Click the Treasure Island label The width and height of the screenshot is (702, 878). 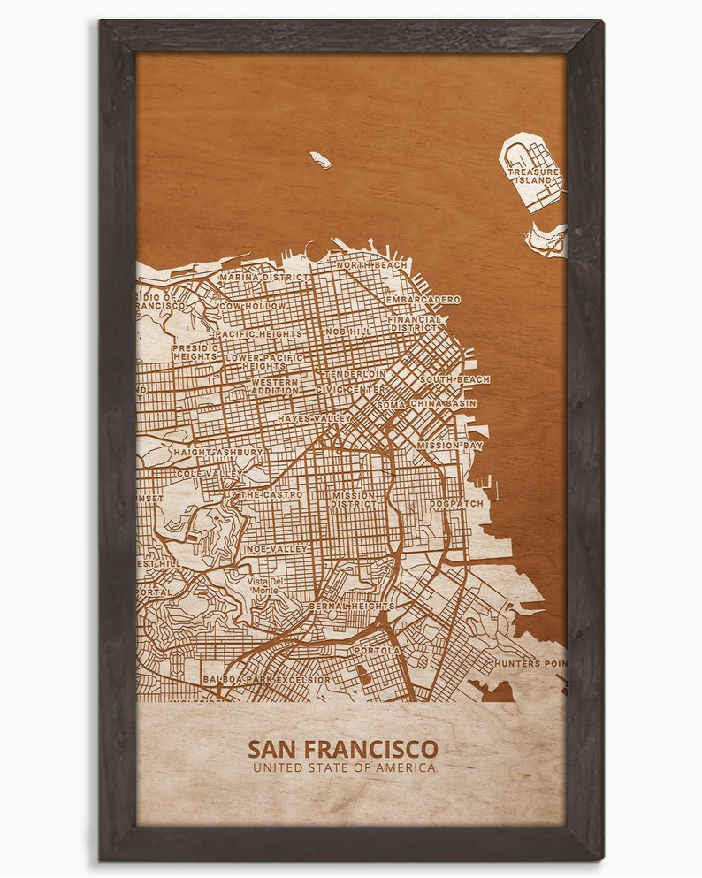tap(534, 175)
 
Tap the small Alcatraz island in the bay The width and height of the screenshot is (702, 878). tap(320, 160)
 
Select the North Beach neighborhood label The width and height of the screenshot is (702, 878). tap(372, 265)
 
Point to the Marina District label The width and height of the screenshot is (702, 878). tap(264, 277)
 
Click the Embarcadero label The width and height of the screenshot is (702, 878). tap(423, 300)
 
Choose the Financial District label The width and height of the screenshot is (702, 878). tap(414, 323)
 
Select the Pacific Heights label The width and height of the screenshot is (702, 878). tap(258, 334)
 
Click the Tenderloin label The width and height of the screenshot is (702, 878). tap(355, 374)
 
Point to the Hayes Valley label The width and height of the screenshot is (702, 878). tap(315, 418)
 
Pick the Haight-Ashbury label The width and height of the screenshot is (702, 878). tap(218, 452)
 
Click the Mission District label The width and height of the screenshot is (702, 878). tap(354, 501)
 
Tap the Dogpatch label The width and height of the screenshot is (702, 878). tap(456, 504)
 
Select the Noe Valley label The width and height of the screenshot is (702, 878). tap(275, 548)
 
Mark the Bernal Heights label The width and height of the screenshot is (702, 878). tap(352, 606)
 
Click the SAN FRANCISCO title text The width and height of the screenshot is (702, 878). tap(342, 749)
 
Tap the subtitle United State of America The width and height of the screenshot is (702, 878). tap(343, 767)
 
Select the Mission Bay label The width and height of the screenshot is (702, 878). tap(450, 446)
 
